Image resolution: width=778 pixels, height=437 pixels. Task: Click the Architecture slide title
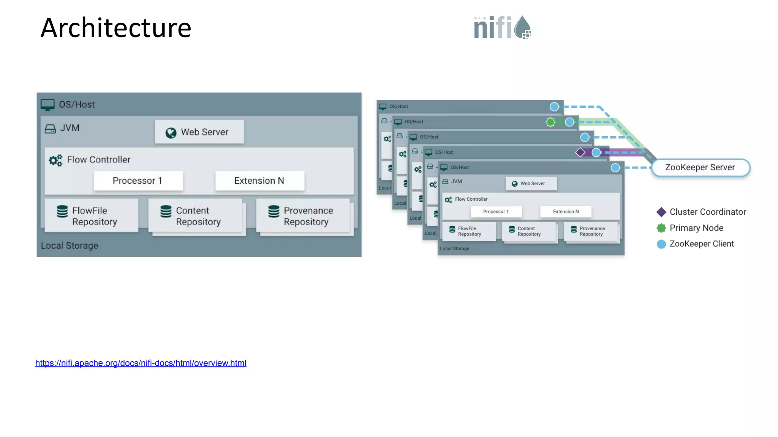[116, 28]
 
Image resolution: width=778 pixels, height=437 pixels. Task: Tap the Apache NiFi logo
[502, 27]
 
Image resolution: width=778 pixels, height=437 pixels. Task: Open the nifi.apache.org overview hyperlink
[141, 363]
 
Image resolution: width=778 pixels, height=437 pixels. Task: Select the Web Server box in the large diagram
[199, 132]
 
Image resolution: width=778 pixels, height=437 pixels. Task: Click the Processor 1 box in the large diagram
[138, 181]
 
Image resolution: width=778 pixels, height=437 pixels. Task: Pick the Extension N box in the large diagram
[259, 181]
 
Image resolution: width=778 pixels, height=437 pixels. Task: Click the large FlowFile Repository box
[91, 216]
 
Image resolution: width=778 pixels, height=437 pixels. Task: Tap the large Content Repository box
[195, 216]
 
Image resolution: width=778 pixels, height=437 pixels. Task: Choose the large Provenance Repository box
[303, 216]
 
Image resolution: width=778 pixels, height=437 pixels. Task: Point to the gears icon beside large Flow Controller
[55, 160]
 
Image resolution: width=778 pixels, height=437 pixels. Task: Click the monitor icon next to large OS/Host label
[47, 105]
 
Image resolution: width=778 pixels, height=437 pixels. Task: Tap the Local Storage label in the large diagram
[70, 246]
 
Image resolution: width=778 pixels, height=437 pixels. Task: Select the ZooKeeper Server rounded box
[700, 167]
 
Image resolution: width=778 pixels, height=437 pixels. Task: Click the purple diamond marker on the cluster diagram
[580, 152]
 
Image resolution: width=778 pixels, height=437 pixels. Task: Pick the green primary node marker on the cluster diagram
[550, 122]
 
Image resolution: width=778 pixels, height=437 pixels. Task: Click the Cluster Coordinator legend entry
[702, 212]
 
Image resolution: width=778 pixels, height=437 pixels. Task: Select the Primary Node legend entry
[690, 228]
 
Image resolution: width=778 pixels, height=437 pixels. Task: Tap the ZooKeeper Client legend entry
[696, 244]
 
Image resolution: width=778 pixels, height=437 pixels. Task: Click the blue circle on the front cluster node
[615, 168]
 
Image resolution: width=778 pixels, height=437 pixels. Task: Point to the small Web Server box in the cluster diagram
[531, 184]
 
